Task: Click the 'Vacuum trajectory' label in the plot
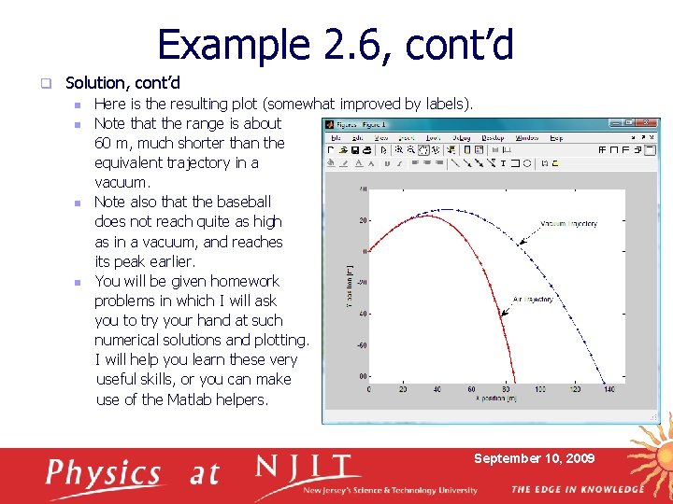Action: pyautogui.click(x=568, y=224)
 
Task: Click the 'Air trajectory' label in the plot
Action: pyautogui.click(x=533, y=300)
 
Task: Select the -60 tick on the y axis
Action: pyautogui.click(x=361, y=345)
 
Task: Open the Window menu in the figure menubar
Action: pyautogui.click(x=526, y=137)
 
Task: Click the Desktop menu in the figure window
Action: pyautogui.click(x=493, y=137)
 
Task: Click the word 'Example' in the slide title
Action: pyautogui.click(x=221, y=45)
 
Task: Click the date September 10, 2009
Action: pyautogui.click(x=534, y=458)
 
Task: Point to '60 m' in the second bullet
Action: pyautogui.click(x=113, y=143)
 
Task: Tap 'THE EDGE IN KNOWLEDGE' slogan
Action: pyautogui.click(x=577, y=489)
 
